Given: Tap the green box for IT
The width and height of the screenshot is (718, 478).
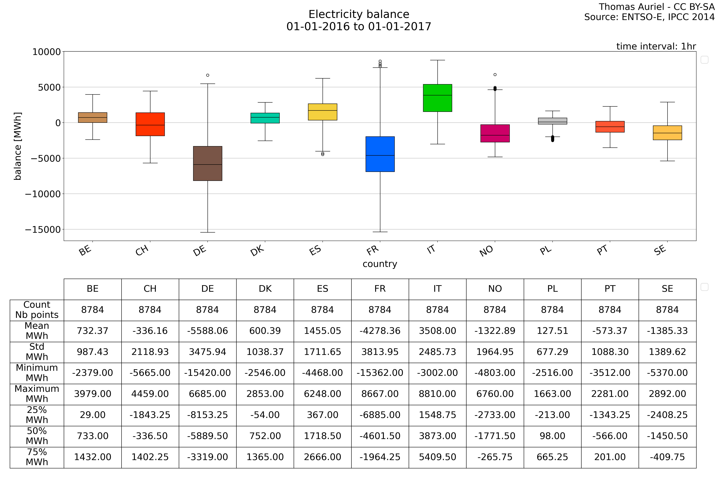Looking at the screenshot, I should (x=437, y=98).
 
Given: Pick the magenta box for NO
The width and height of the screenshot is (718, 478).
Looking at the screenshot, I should (x=495, y=133).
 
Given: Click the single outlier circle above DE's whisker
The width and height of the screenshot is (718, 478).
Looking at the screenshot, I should (x=208, y=75).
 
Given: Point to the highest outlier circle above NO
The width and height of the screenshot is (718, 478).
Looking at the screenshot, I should (x=495, y=74).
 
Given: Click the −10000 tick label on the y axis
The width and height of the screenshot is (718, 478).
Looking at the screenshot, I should (x=43, y=194).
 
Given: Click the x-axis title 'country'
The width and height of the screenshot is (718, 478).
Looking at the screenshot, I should (x=380, y=264).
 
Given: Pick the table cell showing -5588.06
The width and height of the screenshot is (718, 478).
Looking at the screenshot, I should (x=208, y=331).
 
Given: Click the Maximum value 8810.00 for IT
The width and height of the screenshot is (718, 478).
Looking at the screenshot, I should (x=437, y=394).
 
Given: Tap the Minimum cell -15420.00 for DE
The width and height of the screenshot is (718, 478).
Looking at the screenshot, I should (x=208, y=373).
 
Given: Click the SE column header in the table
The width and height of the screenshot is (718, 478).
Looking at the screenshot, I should (x=667, y=289).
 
